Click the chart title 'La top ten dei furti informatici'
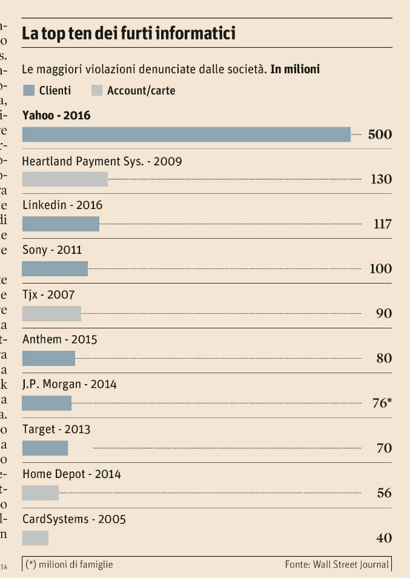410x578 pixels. coord(128,33)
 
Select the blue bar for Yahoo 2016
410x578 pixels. coord(186,135)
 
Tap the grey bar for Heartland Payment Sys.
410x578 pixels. coord(65,179)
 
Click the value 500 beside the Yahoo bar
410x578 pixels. coord(380,135)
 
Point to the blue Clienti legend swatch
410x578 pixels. coord(28,91)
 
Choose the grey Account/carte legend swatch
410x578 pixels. coord(96,91)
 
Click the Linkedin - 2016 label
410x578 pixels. coord(62,205)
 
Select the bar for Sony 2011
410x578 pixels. coord(55,269)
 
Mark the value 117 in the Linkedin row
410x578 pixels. coord(382,224)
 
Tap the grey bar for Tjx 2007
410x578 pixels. coord(51,314)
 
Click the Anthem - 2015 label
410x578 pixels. coord(59,340)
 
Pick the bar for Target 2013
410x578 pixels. coord(45,448)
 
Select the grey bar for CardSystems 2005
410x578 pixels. coord(35,538)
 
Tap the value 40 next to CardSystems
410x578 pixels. coord(384,538)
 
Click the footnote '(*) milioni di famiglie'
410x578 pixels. coord(69,565)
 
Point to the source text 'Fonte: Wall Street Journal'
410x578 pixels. coord(337,565)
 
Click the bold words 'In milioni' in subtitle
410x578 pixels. coord(295,70)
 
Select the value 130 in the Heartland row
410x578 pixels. coord(381,179)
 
